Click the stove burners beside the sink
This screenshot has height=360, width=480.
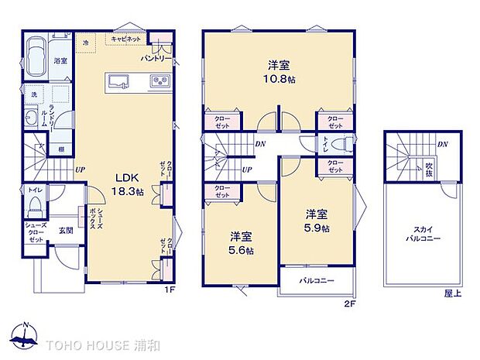tap(159, 81)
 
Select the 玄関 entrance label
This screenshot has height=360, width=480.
tap(64, 230)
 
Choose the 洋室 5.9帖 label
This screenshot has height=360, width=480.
tap(317, 221)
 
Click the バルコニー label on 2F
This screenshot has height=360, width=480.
tap(318, 280)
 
